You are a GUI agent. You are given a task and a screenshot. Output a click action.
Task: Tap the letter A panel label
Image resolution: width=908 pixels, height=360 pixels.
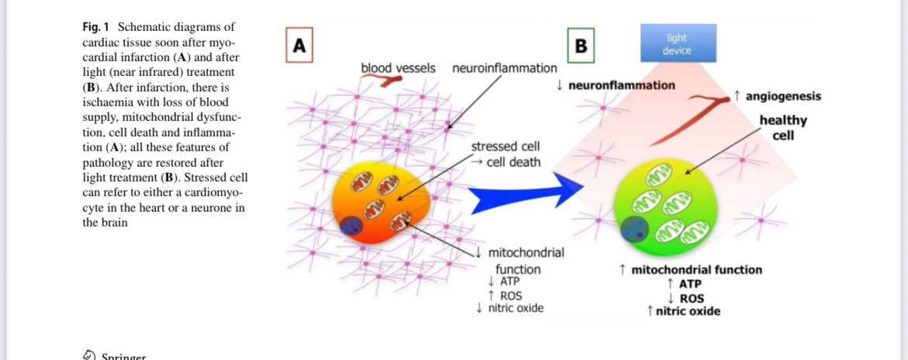(x=299, y=46)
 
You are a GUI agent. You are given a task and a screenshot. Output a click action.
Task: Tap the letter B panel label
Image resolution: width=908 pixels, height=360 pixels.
(x=581, y=46)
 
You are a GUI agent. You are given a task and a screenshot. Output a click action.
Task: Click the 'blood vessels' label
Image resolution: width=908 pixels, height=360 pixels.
(x=398, y=68)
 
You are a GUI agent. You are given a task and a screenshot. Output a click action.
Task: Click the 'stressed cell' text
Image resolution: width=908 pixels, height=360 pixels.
(x=505, y=147)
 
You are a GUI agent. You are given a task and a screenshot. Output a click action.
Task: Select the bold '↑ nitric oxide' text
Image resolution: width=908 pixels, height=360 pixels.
(x=683, y=311)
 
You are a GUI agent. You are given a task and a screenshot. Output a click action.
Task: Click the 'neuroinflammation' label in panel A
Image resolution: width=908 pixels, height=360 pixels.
(x=504, y=68)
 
